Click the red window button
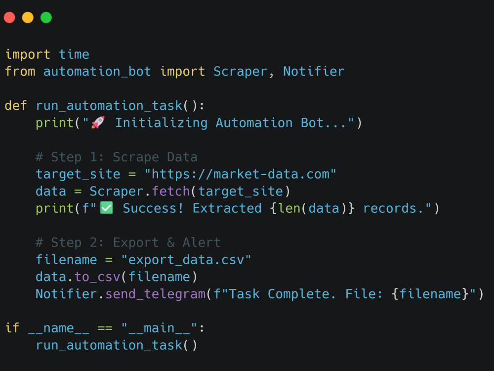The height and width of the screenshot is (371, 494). (9, 18)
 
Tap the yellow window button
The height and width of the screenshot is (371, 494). (28, 18)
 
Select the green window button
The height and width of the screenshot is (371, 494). (46, 18)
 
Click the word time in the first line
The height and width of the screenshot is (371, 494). (74, 54)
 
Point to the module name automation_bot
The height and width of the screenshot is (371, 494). (97, 71)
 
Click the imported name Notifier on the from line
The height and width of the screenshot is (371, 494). (314, 71)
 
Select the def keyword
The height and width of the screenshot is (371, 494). (16, 105)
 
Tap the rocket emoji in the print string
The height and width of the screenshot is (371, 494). (98, 122)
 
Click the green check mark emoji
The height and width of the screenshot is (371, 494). (106, 208)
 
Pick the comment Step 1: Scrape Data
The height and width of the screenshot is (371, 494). (117, 157)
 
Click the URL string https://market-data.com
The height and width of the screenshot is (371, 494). (240, 174)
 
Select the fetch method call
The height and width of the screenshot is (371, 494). (171, 191)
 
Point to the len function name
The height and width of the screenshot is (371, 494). (290, 208)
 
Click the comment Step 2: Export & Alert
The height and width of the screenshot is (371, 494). (128, 242)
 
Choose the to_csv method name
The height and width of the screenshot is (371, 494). (98, 277)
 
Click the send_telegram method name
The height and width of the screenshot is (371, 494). (155, 294)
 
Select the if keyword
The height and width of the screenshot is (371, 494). (12, 328)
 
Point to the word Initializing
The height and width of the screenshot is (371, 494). (161, 123)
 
